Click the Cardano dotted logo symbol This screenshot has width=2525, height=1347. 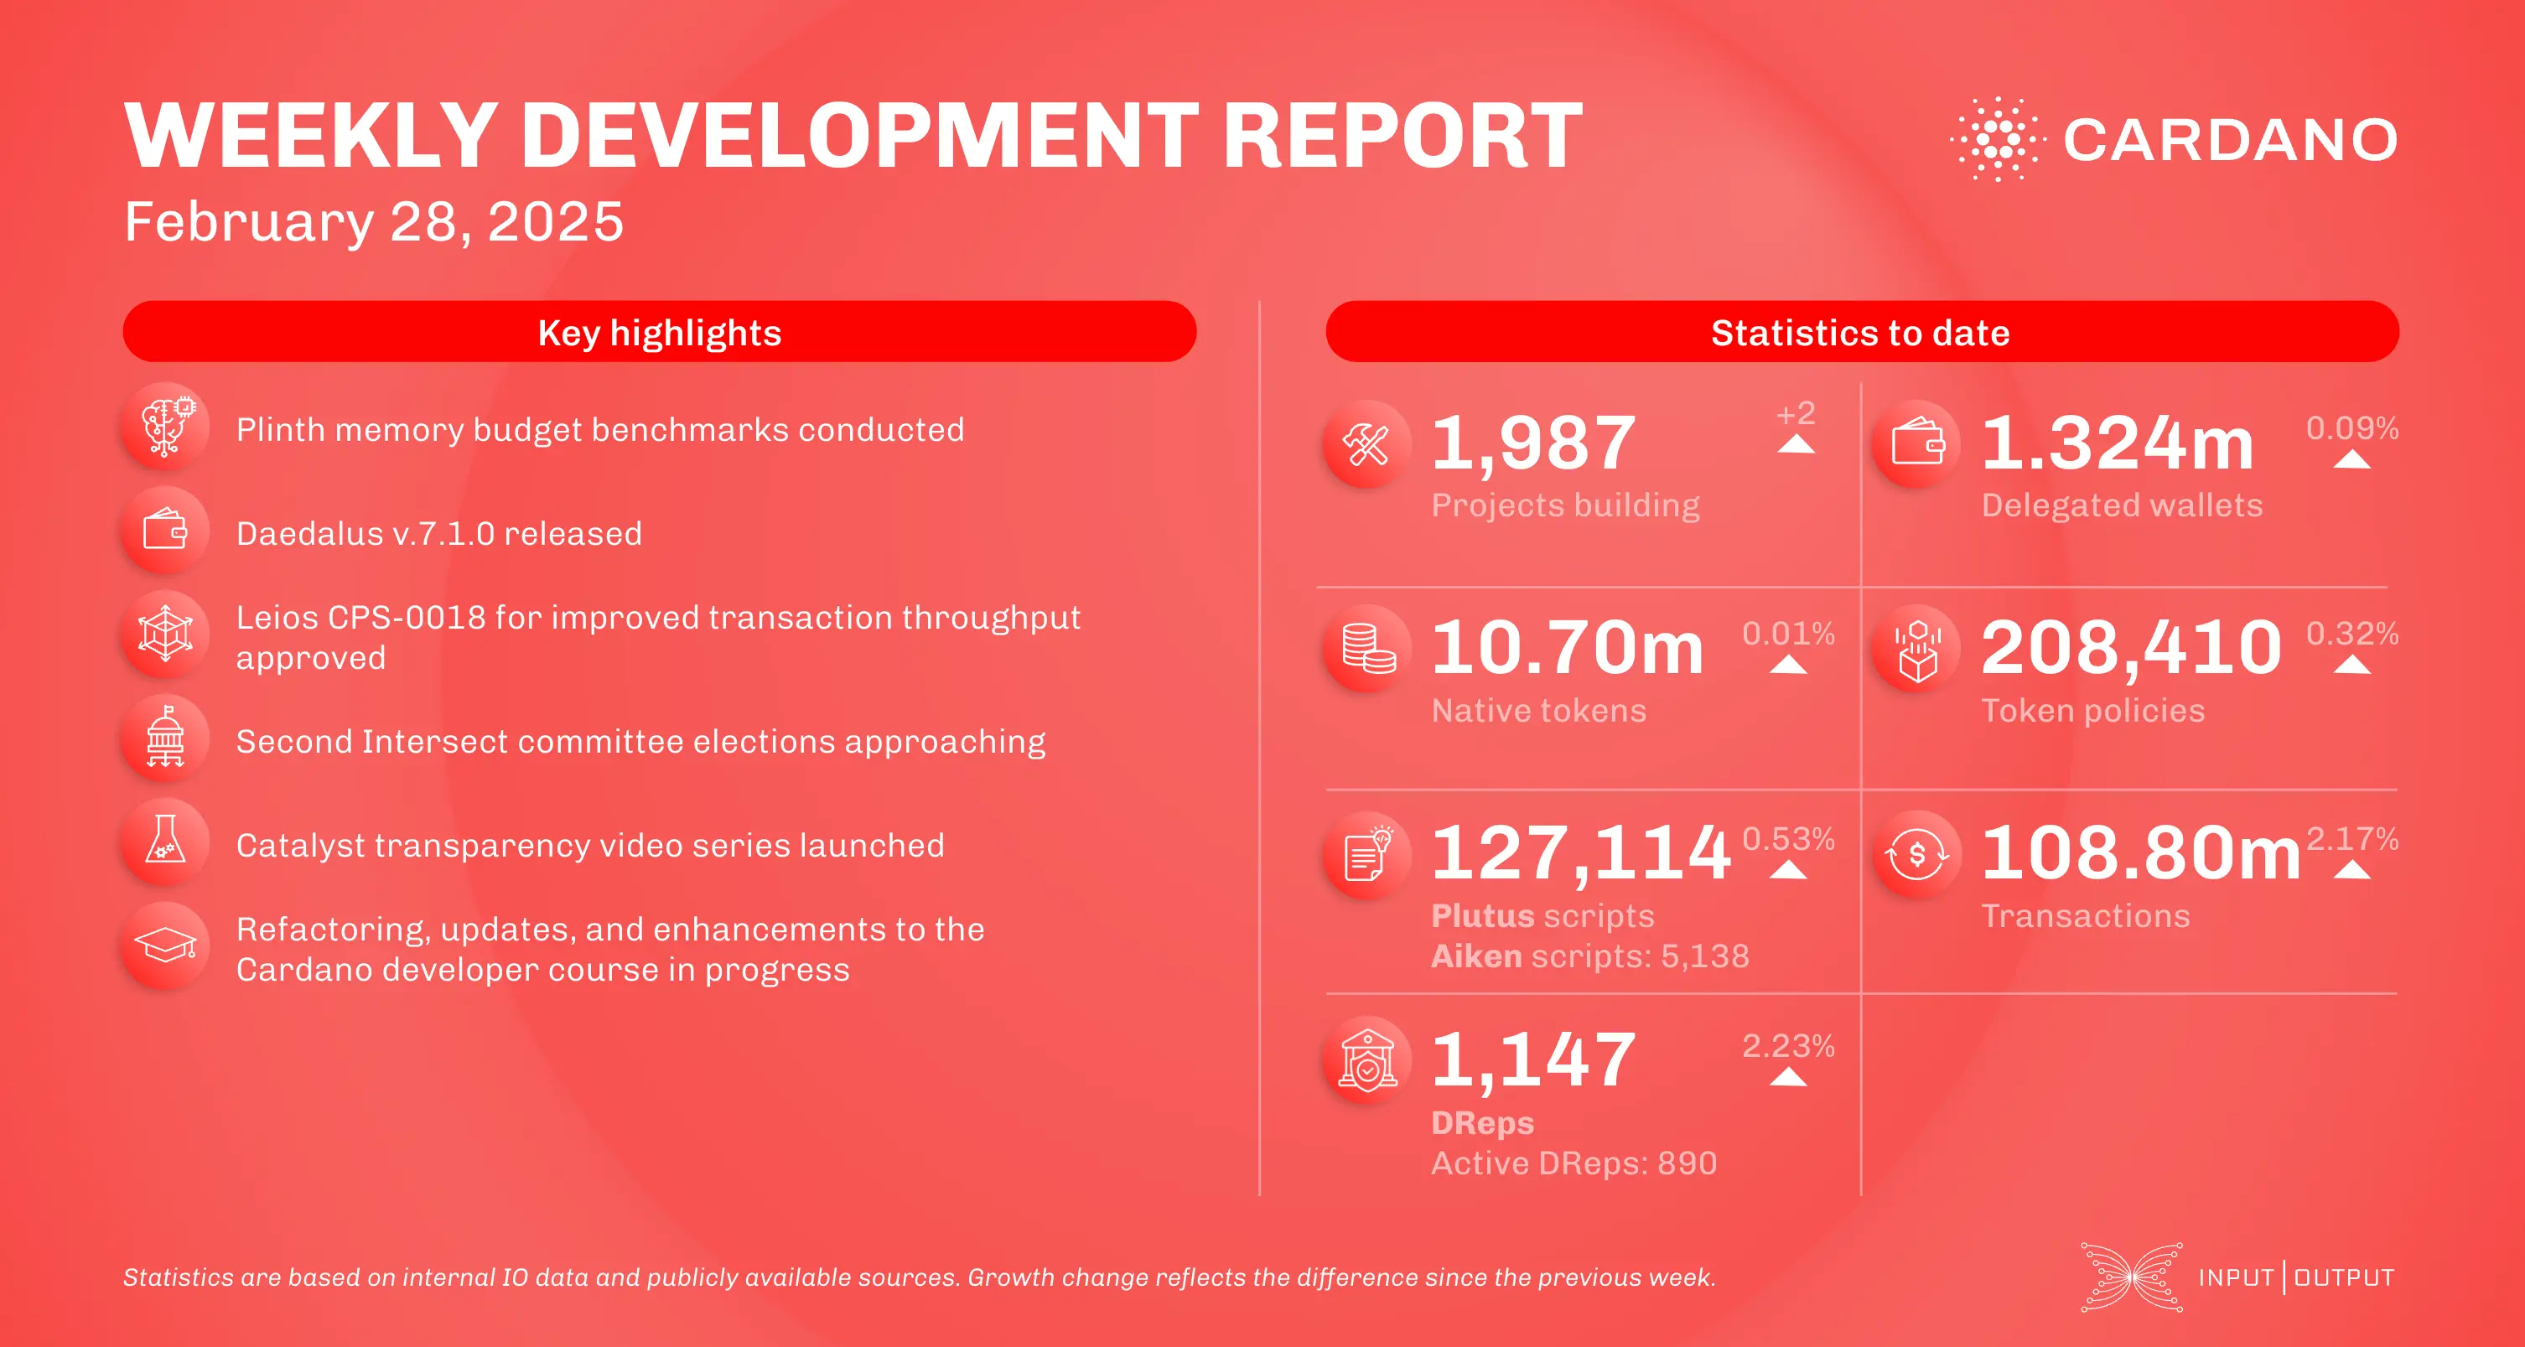pyautogui.click(x=1998, y=139)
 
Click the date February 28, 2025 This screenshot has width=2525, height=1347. pyautogui.click(x=373, y=221)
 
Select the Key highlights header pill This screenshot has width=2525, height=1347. pyautogui.click(x=659, y=332)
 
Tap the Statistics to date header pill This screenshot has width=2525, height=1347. pyautogui.click(x=1860, y=332)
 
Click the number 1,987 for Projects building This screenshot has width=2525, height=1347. pyautogui.click(x=1533, y=443)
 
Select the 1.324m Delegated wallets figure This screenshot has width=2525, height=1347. pyautogui.click(x=2118, y=443)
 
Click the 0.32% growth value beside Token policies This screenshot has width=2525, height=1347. pyautogui.click(x=2351, y=634)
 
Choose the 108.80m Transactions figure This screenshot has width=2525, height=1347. pyautogui.click(x=2139, y=853)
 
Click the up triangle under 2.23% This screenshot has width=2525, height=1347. pyautogui.click(x=1788, y=1076)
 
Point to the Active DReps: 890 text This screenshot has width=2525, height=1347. pyautogui.click(x=1574, y=1163)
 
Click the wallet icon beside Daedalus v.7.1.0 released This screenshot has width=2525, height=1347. pyautogui.click(x=164, y=531)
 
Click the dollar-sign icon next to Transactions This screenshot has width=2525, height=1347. pyautogui.click(x=1916, y=855)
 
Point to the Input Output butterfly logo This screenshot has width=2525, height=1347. pyautogui.click(x=2132, y=1277)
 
